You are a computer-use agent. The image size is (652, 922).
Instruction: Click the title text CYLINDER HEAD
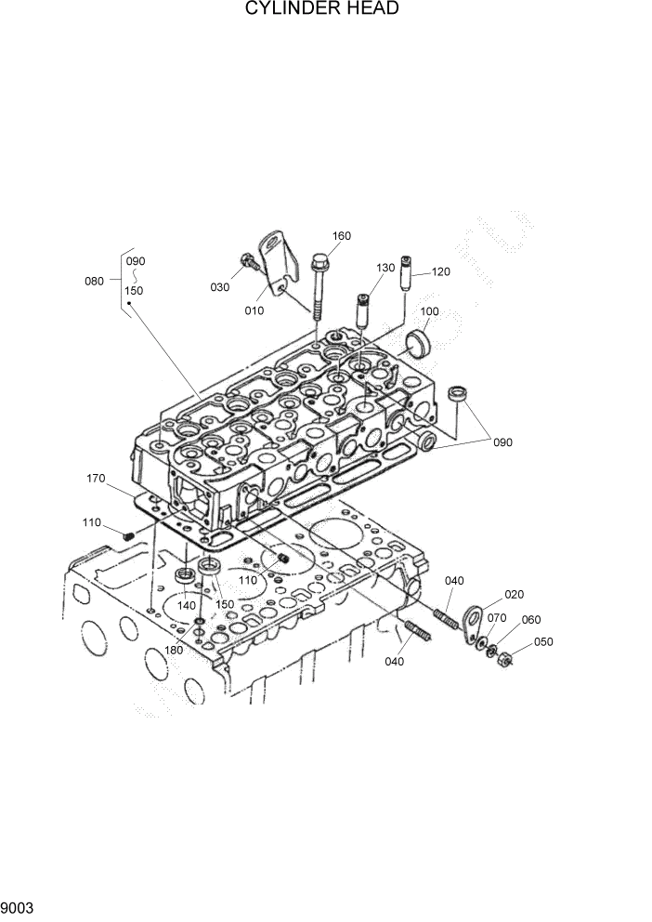pos(322,9)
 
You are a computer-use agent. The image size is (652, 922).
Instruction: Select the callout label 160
pos(341,236)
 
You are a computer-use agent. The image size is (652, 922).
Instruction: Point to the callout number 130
pos(385,268)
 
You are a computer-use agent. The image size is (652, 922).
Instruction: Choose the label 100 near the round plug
pos(429,311)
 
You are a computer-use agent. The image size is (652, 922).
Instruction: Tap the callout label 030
pos(220,287)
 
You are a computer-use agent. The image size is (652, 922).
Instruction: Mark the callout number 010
pos(254,311)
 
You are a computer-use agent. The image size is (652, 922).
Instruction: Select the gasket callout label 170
pos(95,481)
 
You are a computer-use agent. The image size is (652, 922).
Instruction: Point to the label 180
pos(175,650)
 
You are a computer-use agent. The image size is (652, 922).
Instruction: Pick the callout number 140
pos(187,605)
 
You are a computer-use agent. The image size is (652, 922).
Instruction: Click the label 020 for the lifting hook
pos(515,594)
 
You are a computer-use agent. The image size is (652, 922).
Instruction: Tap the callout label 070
pos(497,617)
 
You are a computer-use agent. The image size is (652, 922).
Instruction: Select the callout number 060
pos(530,620)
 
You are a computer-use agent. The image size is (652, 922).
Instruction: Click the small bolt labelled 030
pos(245,265)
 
